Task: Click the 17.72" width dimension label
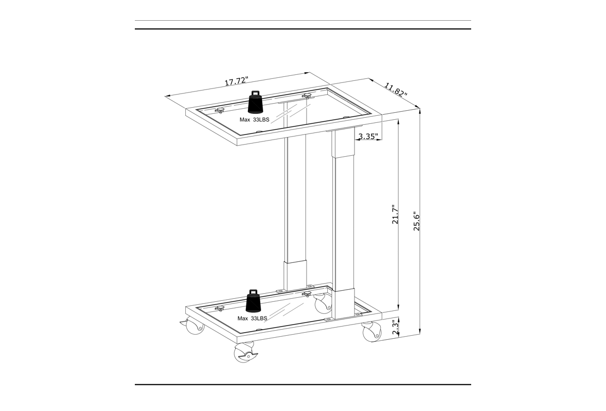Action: click(236, 81)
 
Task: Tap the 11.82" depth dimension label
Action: click(396, 90)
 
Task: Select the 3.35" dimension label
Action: click(368, 136)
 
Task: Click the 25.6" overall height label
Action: click(417, 221)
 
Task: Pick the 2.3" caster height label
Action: click(395, 328)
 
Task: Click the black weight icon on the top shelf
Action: click(256, 102)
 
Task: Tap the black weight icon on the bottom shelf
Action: click(254, 301)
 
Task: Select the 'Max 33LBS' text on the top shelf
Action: click(255, 120)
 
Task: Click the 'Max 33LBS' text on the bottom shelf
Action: click(252, 318)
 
